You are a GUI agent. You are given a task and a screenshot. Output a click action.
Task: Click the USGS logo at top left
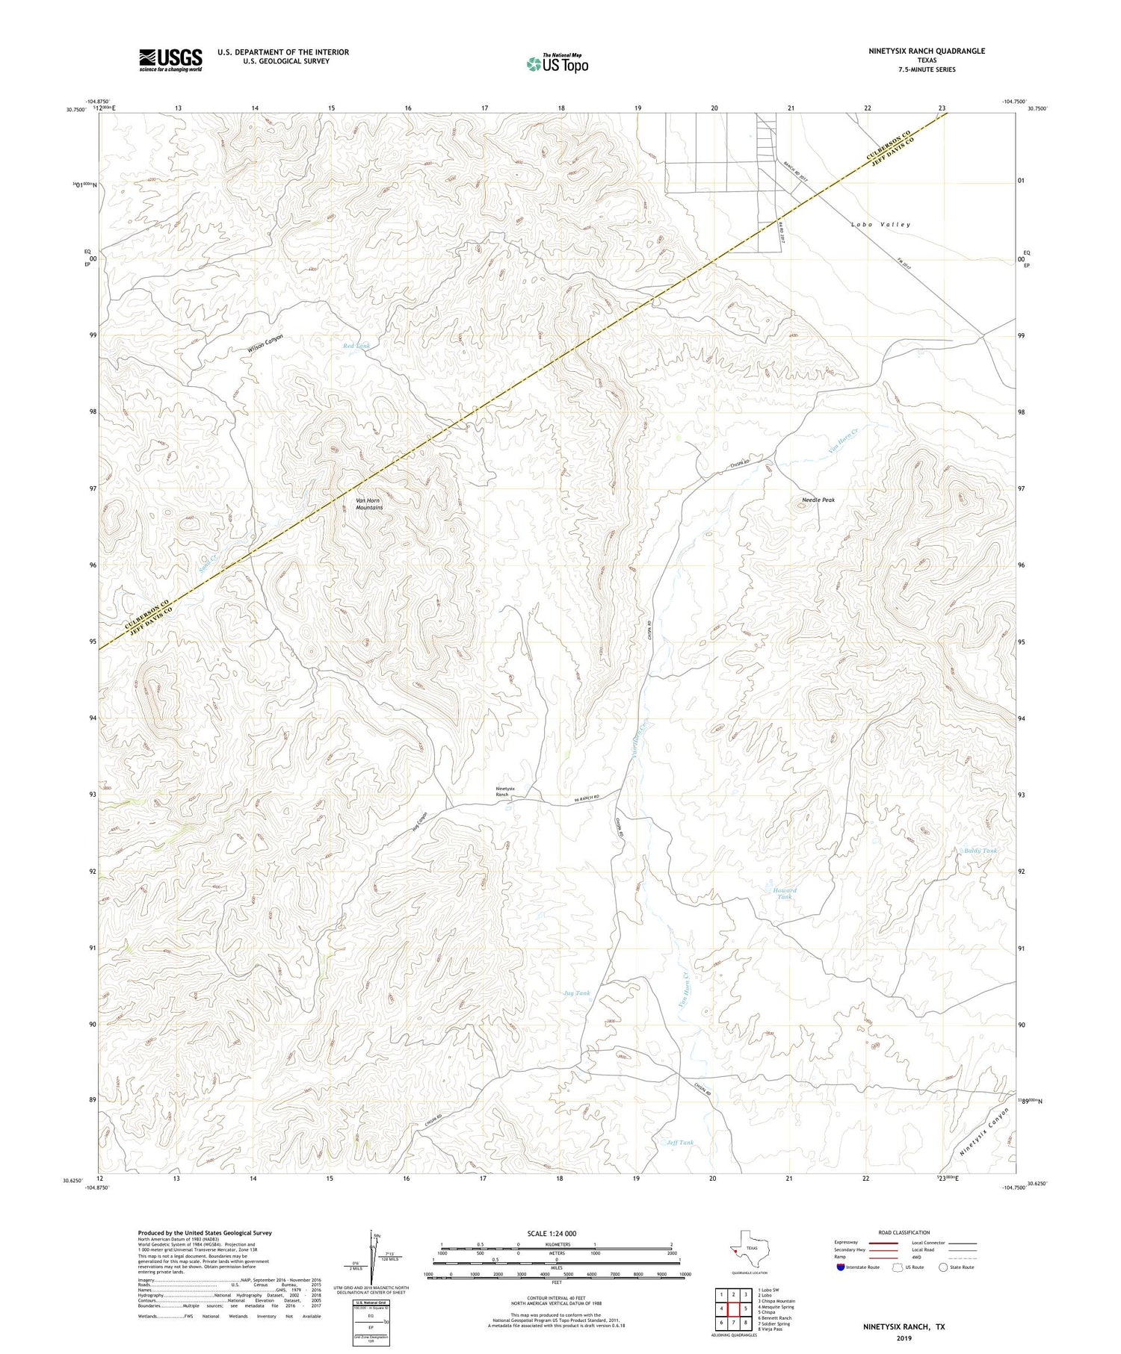(170, 60)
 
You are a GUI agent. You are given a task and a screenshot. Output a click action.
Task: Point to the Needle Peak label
(818, 500)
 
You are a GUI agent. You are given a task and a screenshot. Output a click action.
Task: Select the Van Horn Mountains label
(368, 503)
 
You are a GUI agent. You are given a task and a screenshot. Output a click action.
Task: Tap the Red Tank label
(356, 346)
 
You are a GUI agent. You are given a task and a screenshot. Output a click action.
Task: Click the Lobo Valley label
(880, 224)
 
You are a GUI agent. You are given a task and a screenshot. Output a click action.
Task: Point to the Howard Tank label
(784, 893)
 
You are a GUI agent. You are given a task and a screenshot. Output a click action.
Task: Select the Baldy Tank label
(980, 851)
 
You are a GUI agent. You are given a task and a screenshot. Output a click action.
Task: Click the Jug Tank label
(576, 993)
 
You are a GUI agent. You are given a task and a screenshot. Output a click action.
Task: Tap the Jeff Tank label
(679, 1142)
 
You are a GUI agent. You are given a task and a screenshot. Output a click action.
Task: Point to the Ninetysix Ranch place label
(506, 792)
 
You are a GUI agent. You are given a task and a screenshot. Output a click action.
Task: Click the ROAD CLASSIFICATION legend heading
(904, 1232)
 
